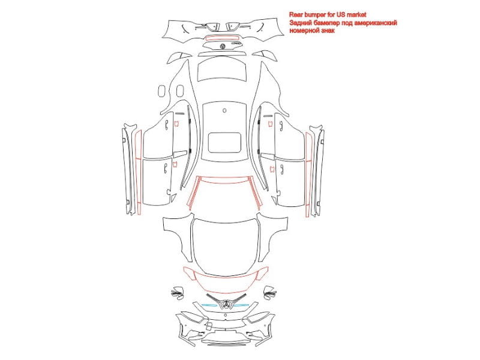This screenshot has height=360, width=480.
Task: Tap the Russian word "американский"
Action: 377,23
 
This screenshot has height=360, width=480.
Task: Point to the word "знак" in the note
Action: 328,31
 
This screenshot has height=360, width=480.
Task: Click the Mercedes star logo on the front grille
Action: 226,305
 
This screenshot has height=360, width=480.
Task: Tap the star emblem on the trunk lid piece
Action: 223,46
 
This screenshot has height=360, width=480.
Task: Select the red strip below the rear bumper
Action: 222,38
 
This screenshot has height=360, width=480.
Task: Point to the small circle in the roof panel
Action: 224,110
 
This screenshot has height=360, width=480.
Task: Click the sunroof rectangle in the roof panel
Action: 224,143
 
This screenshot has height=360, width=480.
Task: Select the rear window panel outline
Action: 222,69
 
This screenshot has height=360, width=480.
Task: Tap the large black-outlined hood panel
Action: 226,247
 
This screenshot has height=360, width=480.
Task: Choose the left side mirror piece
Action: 177,293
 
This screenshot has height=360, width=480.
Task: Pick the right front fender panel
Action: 274,236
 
